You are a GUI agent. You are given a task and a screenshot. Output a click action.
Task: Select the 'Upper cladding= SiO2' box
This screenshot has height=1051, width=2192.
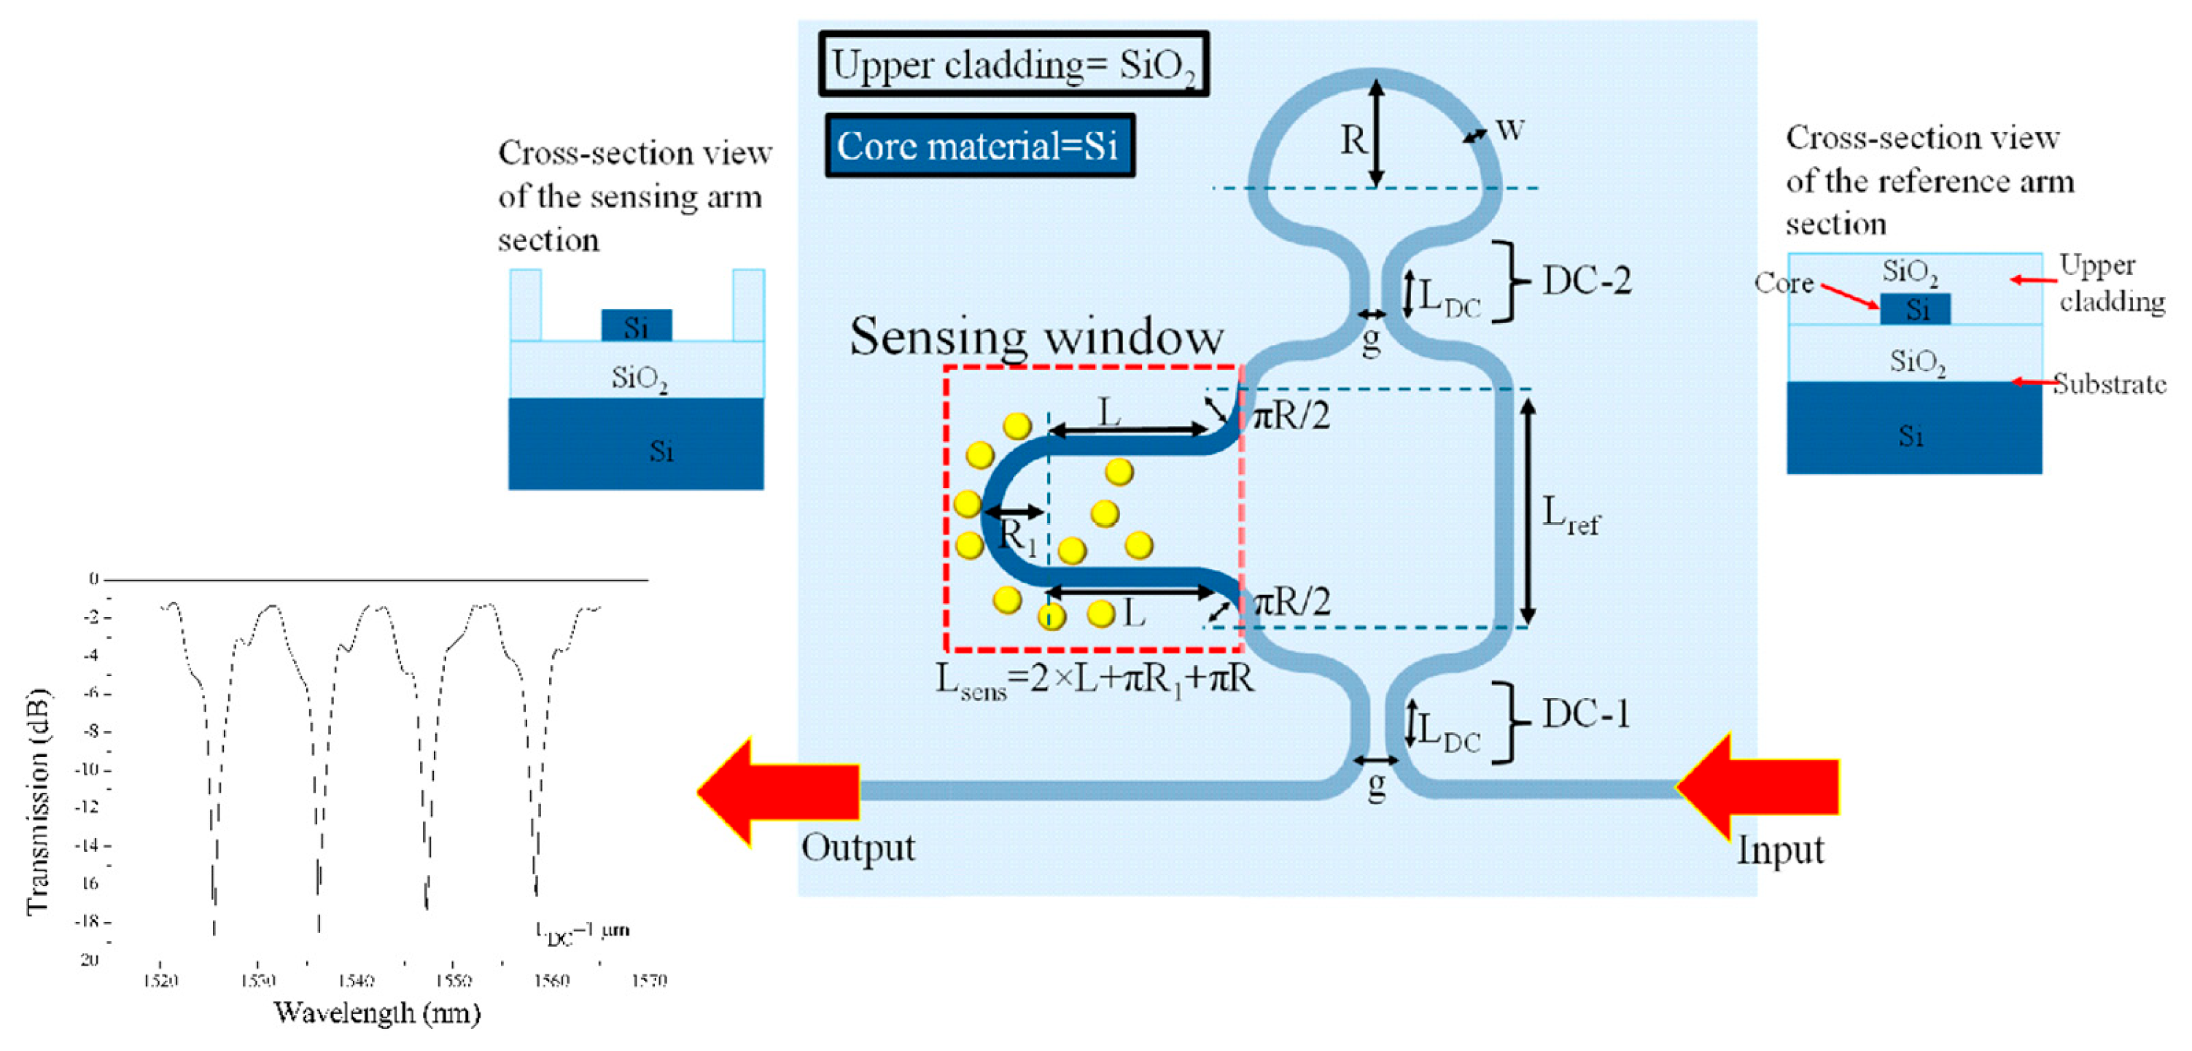click(x=1013, y=65)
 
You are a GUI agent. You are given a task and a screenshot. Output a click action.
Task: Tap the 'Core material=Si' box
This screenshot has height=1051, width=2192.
click(x=979, y=146)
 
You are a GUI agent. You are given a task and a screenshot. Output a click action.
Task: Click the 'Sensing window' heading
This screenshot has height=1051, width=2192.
click(x=1036, y=336)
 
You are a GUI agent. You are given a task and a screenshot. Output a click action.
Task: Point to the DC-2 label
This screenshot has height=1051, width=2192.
click(x=1587, y=281)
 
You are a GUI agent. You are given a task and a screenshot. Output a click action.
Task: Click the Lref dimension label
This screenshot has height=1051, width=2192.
click(x=1571, y=515)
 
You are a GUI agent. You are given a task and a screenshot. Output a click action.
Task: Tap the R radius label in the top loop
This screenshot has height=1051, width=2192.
click(x=1353, y=139)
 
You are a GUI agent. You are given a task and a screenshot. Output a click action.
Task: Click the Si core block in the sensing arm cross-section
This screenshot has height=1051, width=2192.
click(x=637, y=326)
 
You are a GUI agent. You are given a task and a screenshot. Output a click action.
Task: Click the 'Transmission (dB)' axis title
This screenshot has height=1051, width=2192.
click(x=39, y=800)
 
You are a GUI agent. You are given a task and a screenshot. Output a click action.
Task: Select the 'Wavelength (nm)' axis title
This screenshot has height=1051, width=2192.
click(x=376, y=1012)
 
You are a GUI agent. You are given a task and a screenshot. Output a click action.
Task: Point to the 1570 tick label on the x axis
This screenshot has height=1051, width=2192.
click(x=648, y=980)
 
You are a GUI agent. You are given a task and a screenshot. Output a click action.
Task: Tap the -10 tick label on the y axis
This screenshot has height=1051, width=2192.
click(x=88, y=769)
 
